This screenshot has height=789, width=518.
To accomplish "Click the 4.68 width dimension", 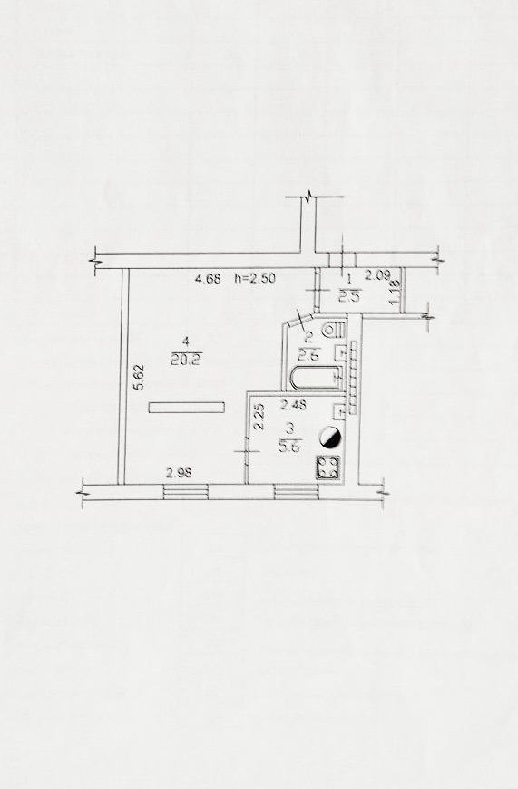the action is (x=208, y=278).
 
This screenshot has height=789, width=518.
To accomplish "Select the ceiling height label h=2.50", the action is (x=255, y=278).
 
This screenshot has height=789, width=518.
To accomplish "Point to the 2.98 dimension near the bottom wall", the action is (x=179, y=473).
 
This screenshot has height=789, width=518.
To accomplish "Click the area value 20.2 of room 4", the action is (x=187, y=360).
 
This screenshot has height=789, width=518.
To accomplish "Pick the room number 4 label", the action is (x=186, y=342).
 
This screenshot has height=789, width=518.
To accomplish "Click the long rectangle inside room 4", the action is (x=187, y=407).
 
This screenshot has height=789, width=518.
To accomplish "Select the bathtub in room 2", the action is (x=316, y=379).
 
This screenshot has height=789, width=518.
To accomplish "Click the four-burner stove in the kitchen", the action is (x=328, y=467).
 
